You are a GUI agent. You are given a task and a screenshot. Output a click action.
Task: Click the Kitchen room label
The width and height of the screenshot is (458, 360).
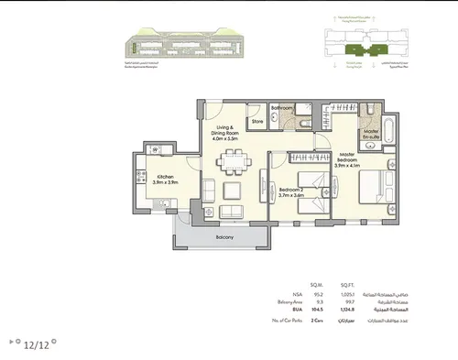point(166,175)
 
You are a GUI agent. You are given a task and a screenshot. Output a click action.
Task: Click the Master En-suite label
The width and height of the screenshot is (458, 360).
point(371,136)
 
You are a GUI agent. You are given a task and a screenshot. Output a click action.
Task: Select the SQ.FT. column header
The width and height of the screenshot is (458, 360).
point(349,285)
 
